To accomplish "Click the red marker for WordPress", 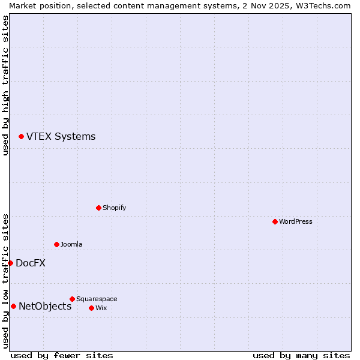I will click(x=275, y=221).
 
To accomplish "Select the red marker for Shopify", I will click(x=98, y=208).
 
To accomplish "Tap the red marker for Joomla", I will click(x=56, y=244).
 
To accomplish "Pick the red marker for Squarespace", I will click(x=72, y=299).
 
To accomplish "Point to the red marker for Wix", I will click(x=91, y=308).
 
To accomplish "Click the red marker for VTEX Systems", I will click(x=21, y=137).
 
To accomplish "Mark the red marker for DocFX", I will click(x=10, y=263).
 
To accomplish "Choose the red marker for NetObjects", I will click(x=13, y=306).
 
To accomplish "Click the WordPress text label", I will click(x=296, y=221).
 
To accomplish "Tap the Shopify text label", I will click(x=115, y=208).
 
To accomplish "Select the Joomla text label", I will click(x=71, y=244).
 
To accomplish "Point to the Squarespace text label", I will click(x=97, y=299).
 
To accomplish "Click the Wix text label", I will click(x=101, y=308).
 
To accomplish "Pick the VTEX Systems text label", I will click(x=61, y=136).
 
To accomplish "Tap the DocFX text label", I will click(x=31, y=263).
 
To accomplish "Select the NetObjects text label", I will click(x=45, y=306).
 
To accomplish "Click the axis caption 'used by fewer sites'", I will click(x=62, y=355).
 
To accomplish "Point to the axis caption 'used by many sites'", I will click(x=301, y=355).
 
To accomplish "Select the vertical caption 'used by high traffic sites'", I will click(x=5, y=85).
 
